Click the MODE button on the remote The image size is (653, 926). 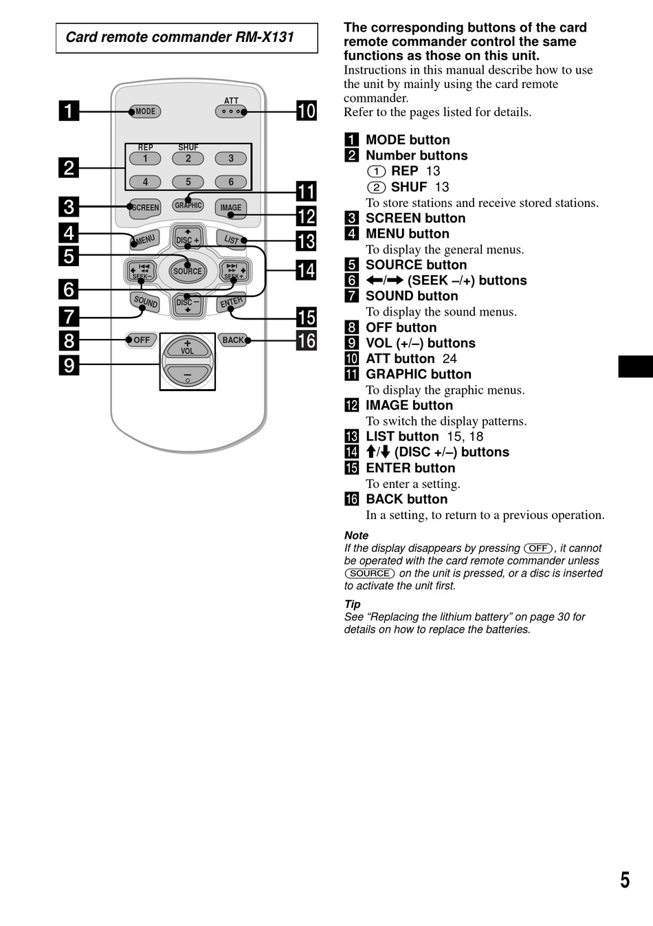point(145,111)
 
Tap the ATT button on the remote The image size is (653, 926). point(231,111)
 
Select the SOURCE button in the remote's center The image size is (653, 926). point(188,271)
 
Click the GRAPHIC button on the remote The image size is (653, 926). point(188,205)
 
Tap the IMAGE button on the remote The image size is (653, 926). point(231,208)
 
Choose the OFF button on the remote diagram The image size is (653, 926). point(141,340)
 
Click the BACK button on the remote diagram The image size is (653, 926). point(234,340)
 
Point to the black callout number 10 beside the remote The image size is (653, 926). point(307,111)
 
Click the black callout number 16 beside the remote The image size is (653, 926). point(307,340)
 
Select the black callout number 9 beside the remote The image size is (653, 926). point(69,365)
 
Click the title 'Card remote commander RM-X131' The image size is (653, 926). point(179,37)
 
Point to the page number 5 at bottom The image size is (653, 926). point(625,881)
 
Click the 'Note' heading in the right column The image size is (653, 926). point(356,536)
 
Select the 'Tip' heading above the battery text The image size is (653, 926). point(353,604)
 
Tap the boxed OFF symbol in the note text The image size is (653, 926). point(538,549)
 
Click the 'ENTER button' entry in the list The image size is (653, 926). point(410,468)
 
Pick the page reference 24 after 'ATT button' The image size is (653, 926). point(450,359)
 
